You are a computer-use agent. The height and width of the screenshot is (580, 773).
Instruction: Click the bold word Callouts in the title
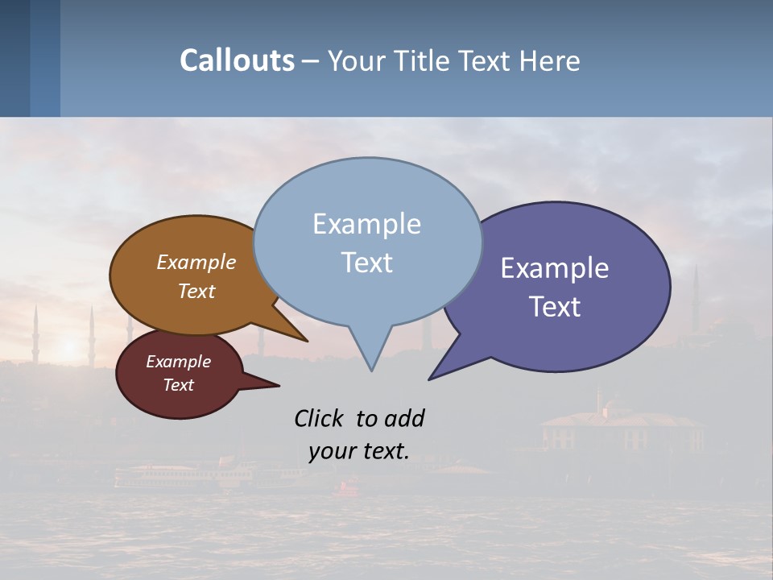(237, 60)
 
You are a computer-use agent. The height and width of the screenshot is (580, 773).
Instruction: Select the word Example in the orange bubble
(196, 262)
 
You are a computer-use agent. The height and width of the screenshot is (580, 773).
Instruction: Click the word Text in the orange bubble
(196, 291)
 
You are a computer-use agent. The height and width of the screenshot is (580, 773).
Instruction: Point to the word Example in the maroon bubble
(179, 362)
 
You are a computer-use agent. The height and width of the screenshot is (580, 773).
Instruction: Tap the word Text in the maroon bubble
(179, 385)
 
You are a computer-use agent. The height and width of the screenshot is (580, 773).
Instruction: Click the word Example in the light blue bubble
(366, 224)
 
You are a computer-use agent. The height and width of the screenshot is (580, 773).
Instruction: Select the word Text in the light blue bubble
(366, 263)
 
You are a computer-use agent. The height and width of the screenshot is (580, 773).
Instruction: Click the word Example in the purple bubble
(555, 268)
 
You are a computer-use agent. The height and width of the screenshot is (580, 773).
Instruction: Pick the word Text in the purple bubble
(555, 307)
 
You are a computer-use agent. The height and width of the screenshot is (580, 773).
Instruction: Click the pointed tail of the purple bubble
(432, 377)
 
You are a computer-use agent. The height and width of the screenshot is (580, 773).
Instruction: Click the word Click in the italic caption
(320, 419)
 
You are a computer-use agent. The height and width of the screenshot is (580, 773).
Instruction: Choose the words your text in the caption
(359, 451)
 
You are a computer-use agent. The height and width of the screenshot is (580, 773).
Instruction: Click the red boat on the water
(347, 486)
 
